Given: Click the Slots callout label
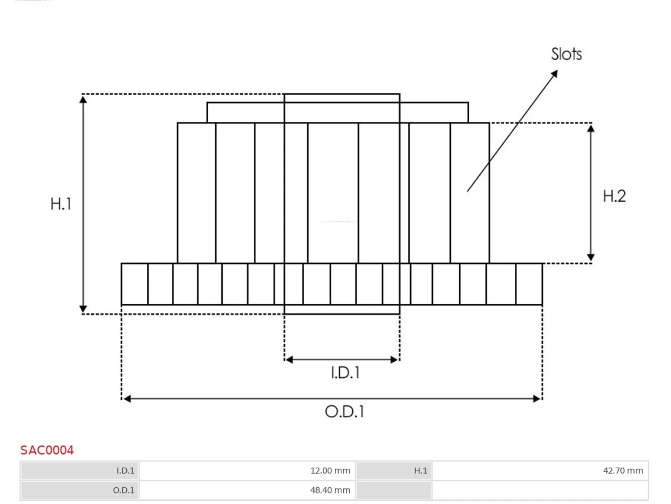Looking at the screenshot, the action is point(566,54).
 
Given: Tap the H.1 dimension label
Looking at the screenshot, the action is point(61,204).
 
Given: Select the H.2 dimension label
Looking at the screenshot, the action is point(614,196).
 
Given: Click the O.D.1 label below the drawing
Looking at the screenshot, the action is point(344,412).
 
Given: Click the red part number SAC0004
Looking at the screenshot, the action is point(47,450).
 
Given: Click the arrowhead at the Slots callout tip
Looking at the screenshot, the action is point(555,73).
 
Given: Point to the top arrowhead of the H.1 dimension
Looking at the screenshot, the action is point(83,99).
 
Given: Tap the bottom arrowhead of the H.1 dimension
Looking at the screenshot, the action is point(83,309).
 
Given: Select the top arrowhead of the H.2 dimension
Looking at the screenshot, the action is point(591,128).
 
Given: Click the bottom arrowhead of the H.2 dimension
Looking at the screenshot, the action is point(591,258).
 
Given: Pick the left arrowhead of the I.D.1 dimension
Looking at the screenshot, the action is point(289,360).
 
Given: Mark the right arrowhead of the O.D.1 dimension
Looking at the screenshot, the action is point(536,398).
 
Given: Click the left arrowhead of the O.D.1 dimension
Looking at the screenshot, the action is point(127,398).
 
